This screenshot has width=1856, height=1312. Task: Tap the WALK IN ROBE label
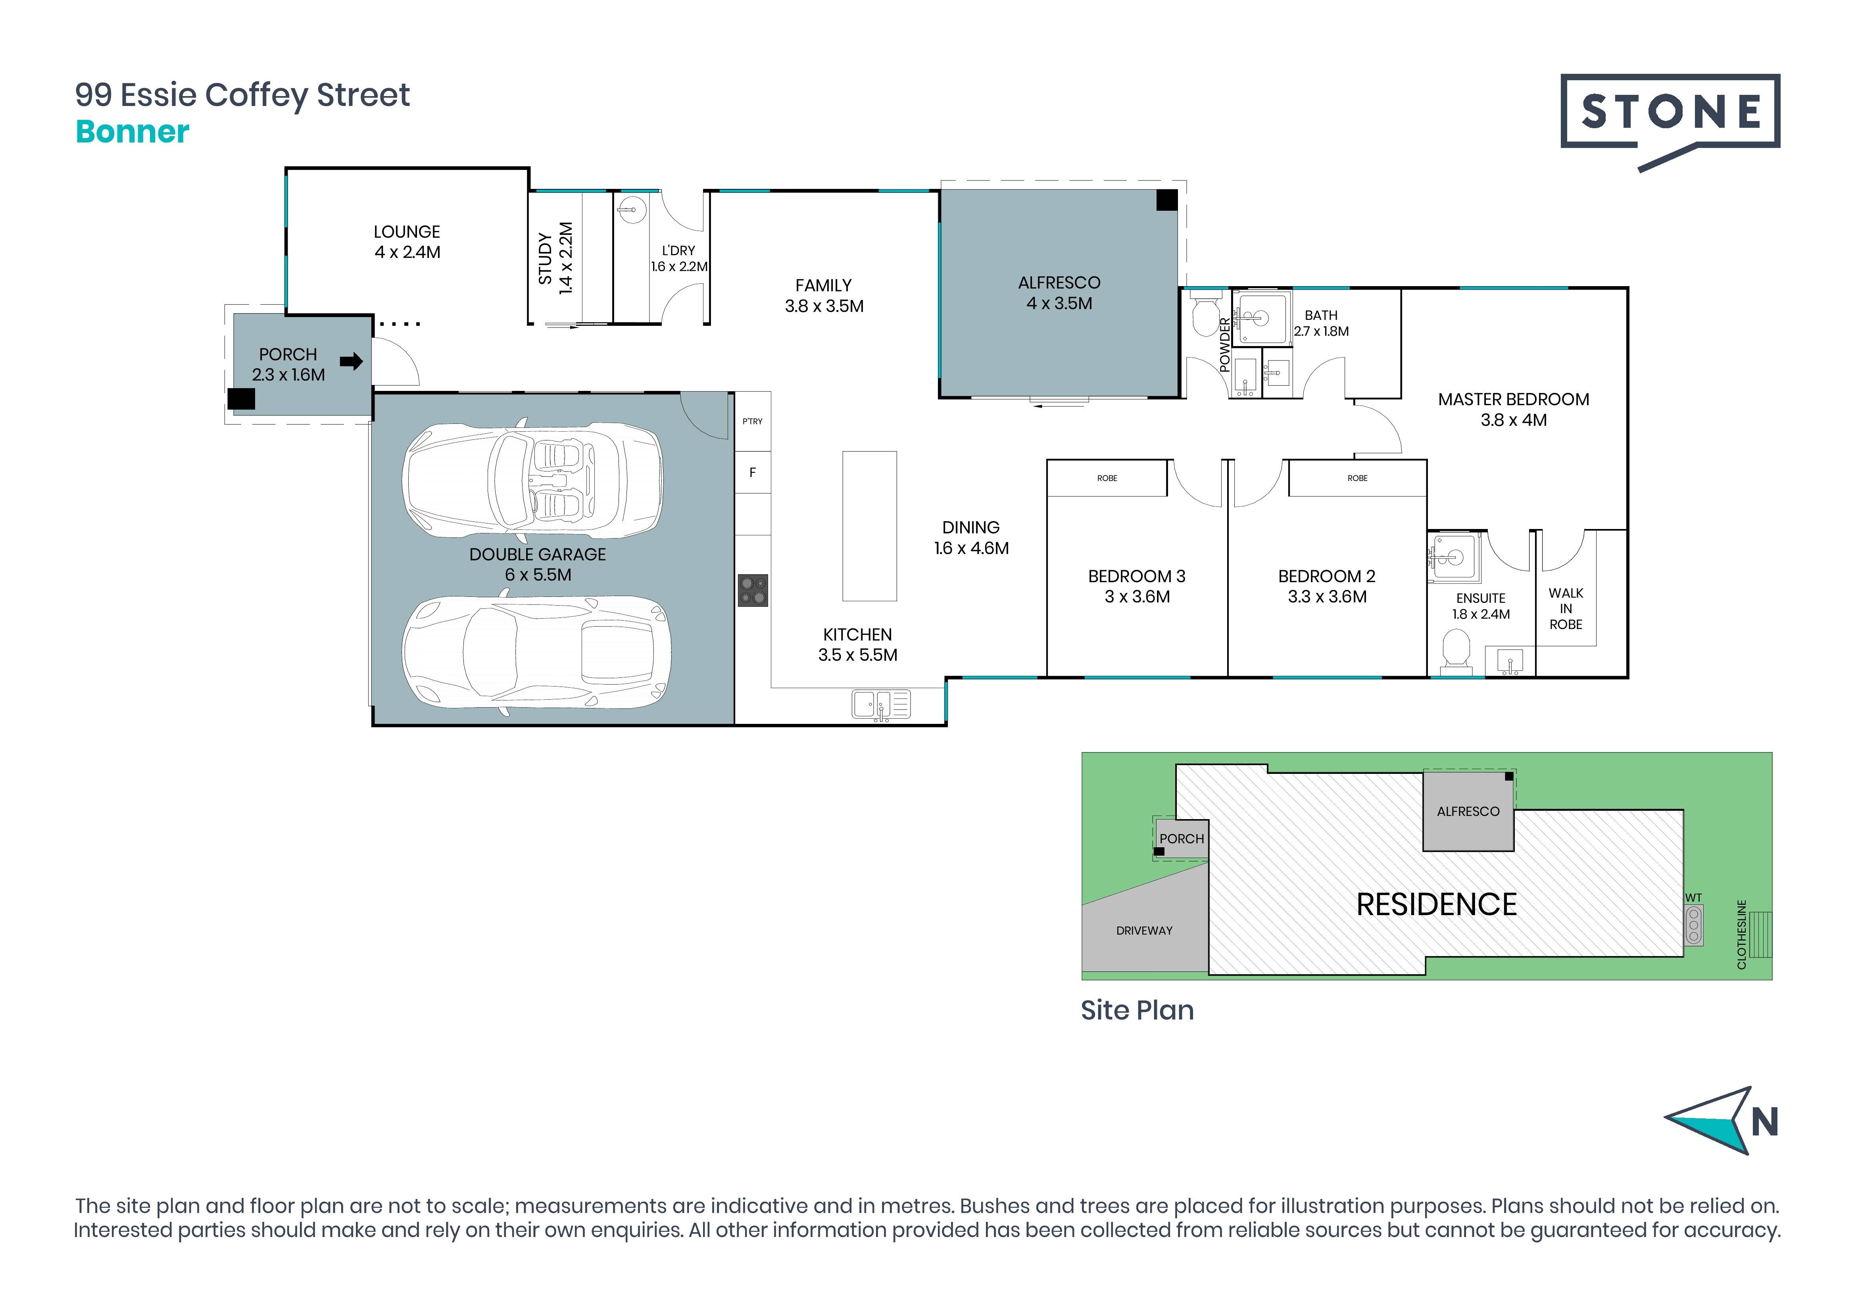(1566, 609)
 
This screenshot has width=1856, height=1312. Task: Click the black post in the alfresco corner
(1166, 200)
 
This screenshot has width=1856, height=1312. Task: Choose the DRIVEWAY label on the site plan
(1144, 931)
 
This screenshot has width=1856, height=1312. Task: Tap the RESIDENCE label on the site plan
(1437, 904)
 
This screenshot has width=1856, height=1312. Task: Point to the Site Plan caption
(1137, 1010)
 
